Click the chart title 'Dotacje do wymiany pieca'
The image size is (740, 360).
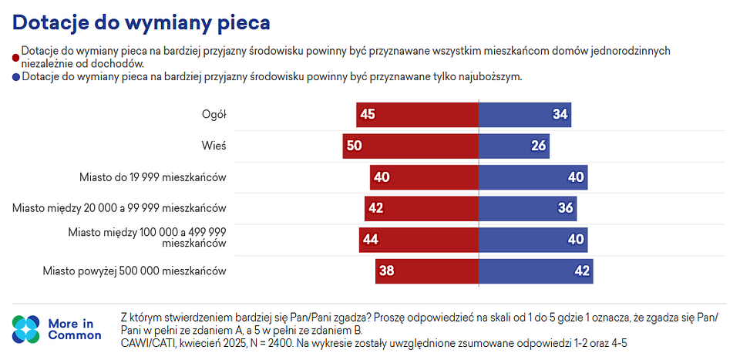click(x=141, y=22)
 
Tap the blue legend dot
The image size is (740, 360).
click(x=16, y=77)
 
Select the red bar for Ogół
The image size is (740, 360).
click(x=417, y=115)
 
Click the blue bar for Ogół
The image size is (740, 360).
click(x=524, y=115)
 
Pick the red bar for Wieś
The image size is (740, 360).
click(x=411, y=146)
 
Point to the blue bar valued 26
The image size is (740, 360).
click(x=513, y=146)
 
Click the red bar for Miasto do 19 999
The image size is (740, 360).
click(x=424, y=177)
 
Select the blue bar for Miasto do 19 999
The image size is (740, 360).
click(x=533, y=177)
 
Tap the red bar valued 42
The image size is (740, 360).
click(x=422, y=208)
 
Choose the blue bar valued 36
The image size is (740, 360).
click(x=527, y=208)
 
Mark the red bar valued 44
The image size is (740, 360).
click(x=419, y=240)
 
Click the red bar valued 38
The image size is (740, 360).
click(x=427, y=271)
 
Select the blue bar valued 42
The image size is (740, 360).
click(x=536, y=271)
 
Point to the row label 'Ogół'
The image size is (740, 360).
click(x=213, y=115)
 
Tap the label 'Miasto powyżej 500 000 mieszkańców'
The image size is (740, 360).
click(x=134, y=271)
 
